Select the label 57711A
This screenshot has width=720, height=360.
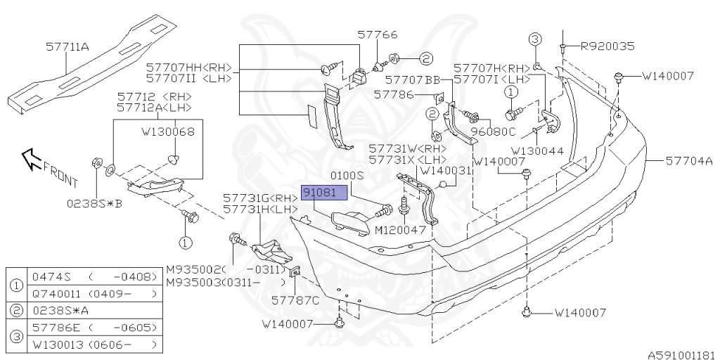tap(67, 47)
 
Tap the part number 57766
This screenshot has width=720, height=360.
tap(377, 34)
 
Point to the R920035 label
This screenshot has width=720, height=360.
tap(607, 46)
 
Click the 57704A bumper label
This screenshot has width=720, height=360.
tap(689, 161)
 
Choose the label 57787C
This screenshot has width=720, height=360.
tap(295, 300)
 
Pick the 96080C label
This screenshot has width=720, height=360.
tap(493, 131)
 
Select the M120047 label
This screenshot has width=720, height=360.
tap(400, 229)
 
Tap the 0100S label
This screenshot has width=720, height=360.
tap(346, 175)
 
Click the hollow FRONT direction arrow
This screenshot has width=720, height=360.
tap(30, 159)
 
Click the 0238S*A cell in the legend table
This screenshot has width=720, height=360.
tap(56, 310)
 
